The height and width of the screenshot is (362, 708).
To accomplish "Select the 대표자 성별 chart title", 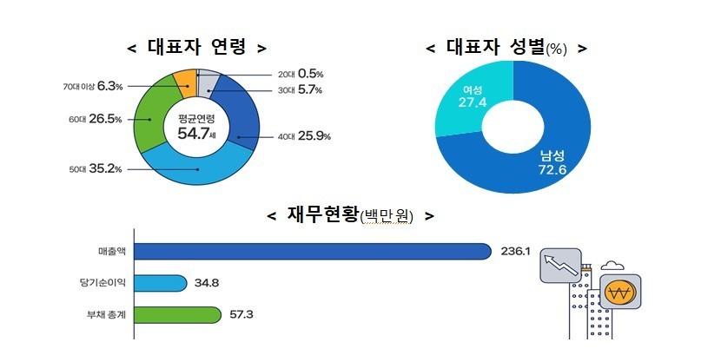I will (506, 48).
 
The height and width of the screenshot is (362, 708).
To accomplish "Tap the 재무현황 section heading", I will (349, 214).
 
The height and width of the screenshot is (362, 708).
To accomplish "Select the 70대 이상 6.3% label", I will (92, 86).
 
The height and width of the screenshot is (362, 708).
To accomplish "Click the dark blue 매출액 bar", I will (313, 252).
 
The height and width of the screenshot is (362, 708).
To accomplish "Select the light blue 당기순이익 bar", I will (161, 283).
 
